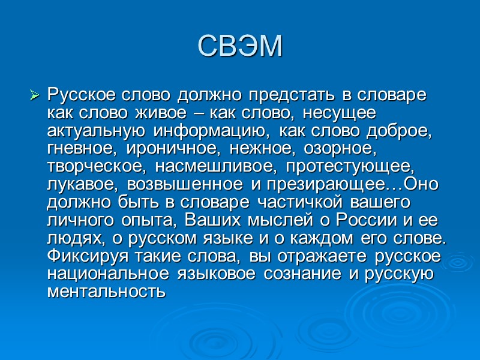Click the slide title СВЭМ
click(239, 46)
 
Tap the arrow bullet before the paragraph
click(35, 95)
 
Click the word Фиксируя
click(80, 257)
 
